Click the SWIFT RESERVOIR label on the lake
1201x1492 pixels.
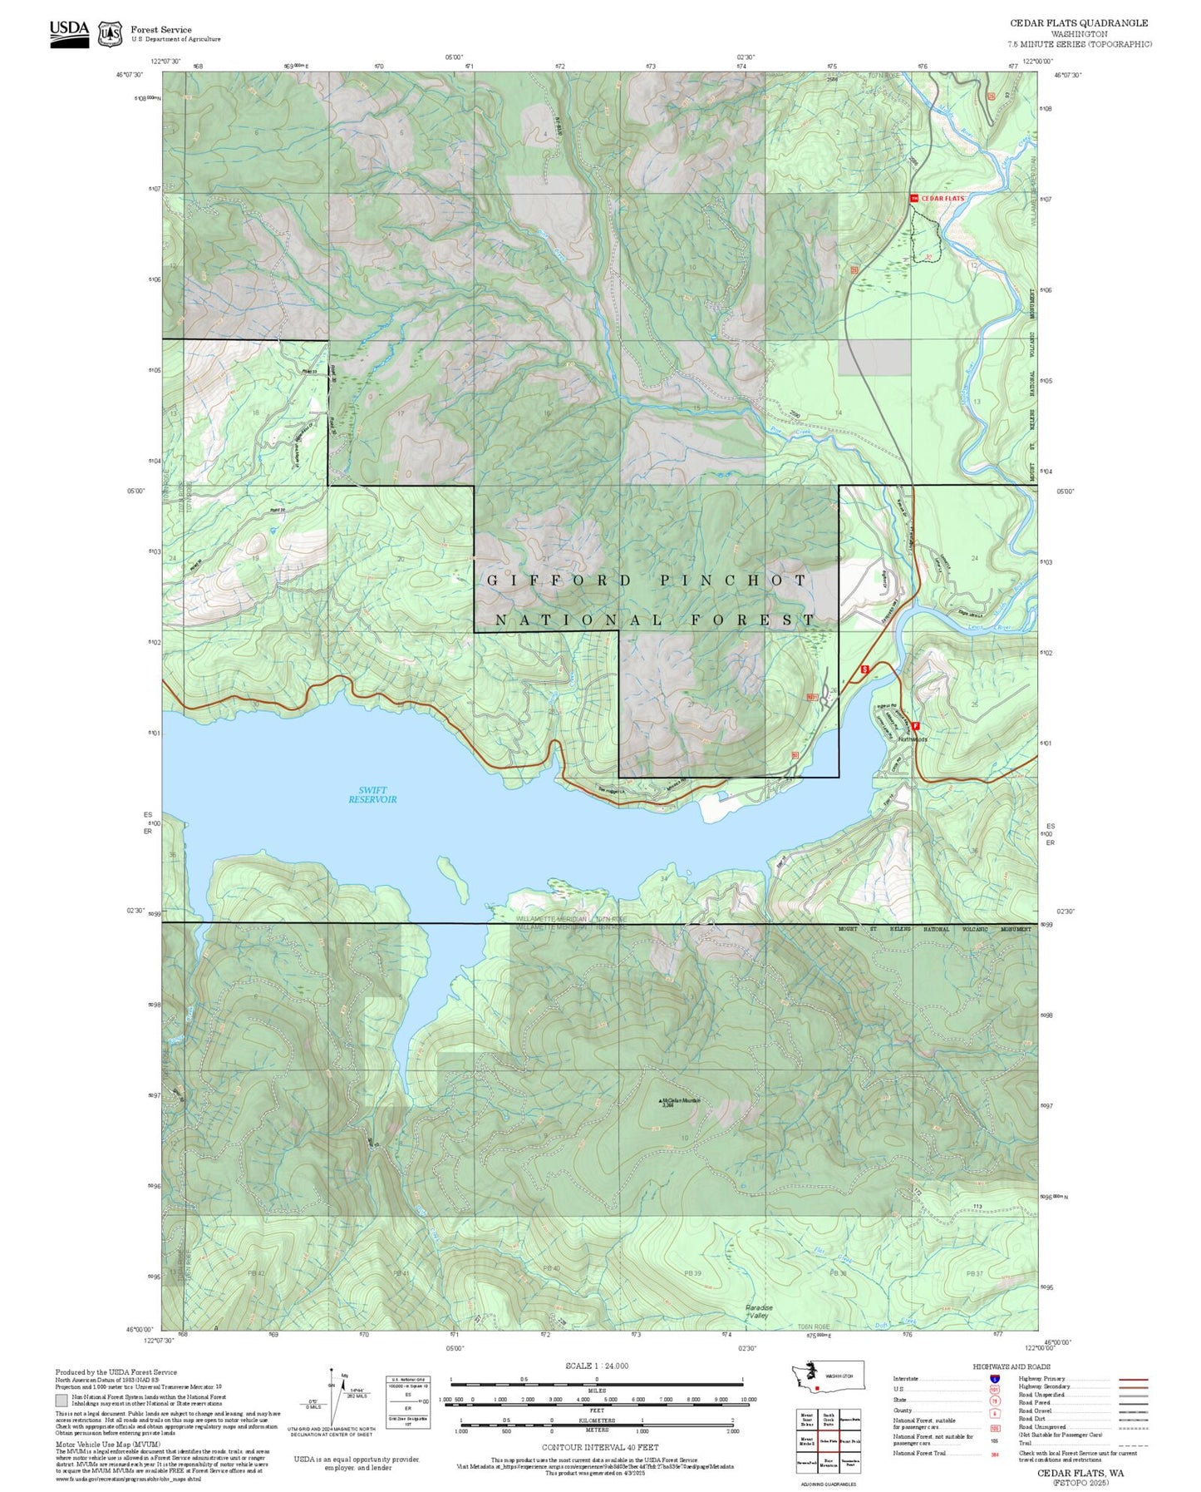(x=372, y=795)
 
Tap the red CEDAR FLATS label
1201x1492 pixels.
(x=942, y=199)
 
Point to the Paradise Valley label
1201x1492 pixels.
(x=758, y=1312)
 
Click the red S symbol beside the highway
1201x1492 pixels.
(x=864, y=669)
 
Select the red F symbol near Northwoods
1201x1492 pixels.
(x=915, y=726)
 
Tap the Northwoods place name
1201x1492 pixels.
(x=912, y=739)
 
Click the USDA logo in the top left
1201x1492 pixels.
(x=69, y=32)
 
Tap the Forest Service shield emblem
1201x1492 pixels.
(x=110, y=33)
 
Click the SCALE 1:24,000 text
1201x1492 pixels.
(x=596, y=1366)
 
